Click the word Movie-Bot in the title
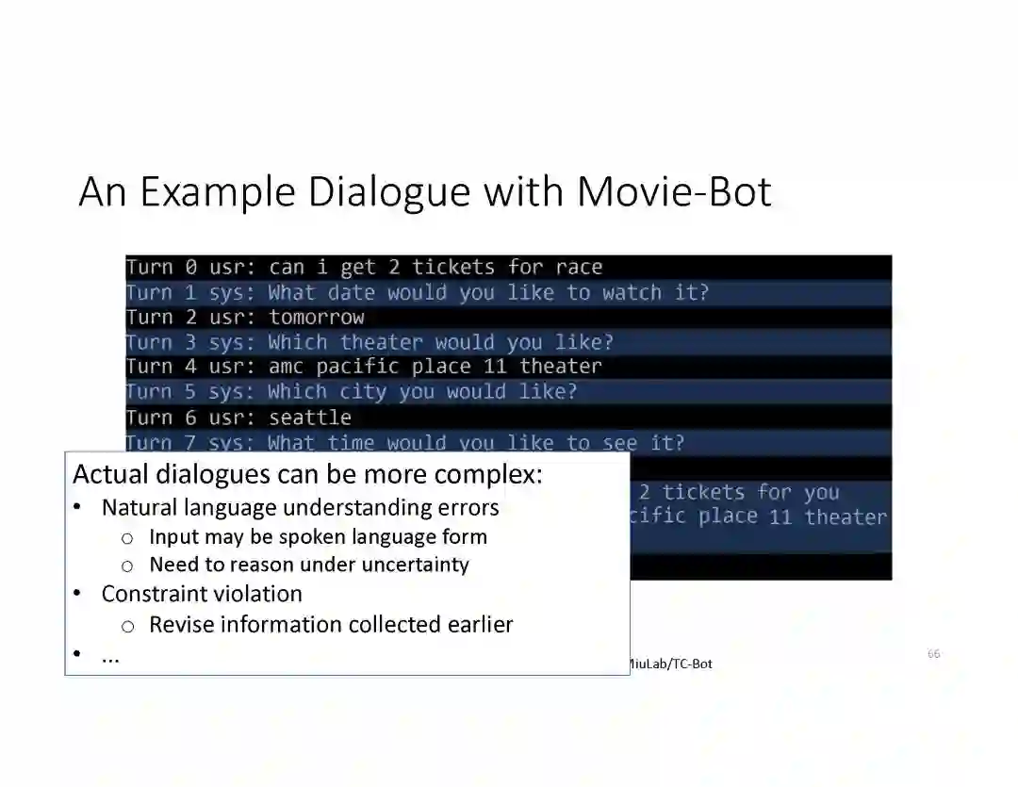(674, 191)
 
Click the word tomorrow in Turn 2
(317, 318)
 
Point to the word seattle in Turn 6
(310, 418)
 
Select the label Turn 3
(161, 342)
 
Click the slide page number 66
(933, 653)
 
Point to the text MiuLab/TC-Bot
(668, 664)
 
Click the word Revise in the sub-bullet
(181, 625)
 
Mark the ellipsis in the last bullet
(110, 657)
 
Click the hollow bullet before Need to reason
(127, 566)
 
